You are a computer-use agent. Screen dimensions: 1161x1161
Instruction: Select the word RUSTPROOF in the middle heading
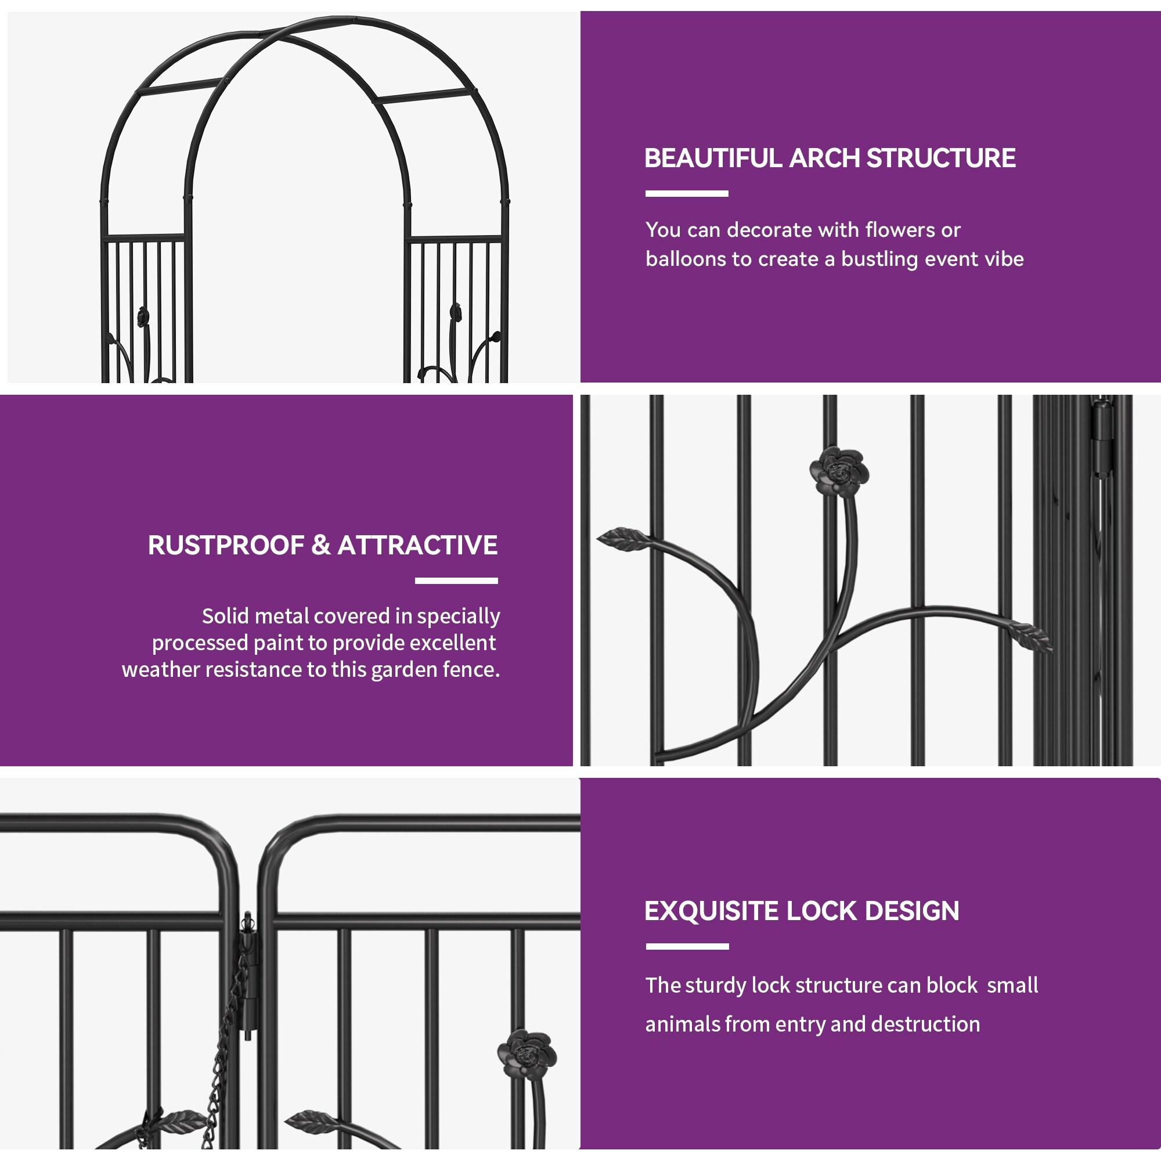pos(226,546)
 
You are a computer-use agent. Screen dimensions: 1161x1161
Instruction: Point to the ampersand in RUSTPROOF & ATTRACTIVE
pos(321,546)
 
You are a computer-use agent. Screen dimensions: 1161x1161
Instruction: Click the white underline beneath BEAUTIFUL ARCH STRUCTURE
pos(687,194)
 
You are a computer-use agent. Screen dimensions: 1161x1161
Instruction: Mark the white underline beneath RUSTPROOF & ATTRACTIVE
pos(456,581)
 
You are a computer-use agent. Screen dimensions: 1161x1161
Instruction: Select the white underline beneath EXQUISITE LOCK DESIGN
pos(687,946)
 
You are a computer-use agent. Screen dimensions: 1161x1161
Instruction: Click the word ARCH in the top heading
pos(824,158)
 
